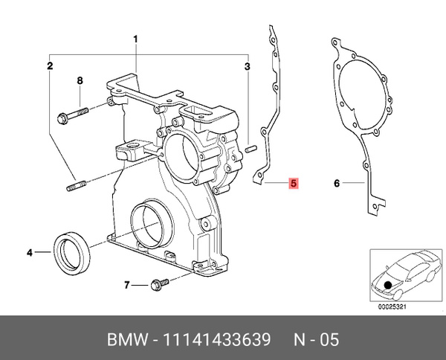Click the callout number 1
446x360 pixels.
[x=136, y=39]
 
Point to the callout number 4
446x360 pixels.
[x=30, y=253]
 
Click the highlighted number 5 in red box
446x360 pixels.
[x=294, y=182]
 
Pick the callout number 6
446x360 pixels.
[x=337, y=183]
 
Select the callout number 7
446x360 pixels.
[x=128, y=284]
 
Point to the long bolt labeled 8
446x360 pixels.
[x=73, y=114]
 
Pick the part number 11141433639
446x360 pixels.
[x=220, y=340]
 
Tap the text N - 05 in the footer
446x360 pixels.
[x=312, y=340]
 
